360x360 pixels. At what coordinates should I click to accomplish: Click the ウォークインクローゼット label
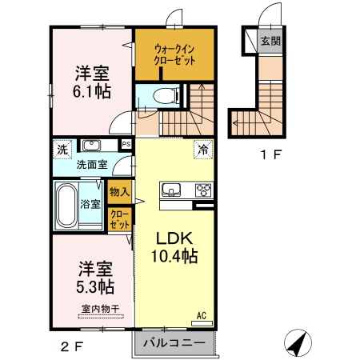click(175, 54)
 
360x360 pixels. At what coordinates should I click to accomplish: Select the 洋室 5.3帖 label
click(94, 277)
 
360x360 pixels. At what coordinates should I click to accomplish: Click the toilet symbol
click(166, 96)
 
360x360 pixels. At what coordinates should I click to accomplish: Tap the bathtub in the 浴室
click(66, 206)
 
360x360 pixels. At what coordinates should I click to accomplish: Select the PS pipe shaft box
click(126, 144)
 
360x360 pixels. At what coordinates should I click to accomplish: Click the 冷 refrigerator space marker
click(203, 149)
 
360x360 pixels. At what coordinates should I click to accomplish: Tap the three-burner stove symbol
click(203, 190)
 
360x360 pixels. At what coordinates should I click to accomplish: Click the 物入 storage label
click(120, 191)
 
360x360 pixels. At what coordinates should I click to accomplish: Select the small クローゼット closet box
click(120, 220)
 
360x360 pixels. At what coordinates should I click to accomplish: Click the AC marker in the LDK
click(202, 316)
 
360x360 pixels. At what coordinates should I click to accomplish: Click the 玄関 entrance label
click(270, 42)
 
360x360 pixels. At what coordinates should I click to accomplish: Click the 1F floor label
click(270, 156)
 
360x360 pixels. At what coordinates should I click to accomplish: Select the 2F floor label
click(72, 346)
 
